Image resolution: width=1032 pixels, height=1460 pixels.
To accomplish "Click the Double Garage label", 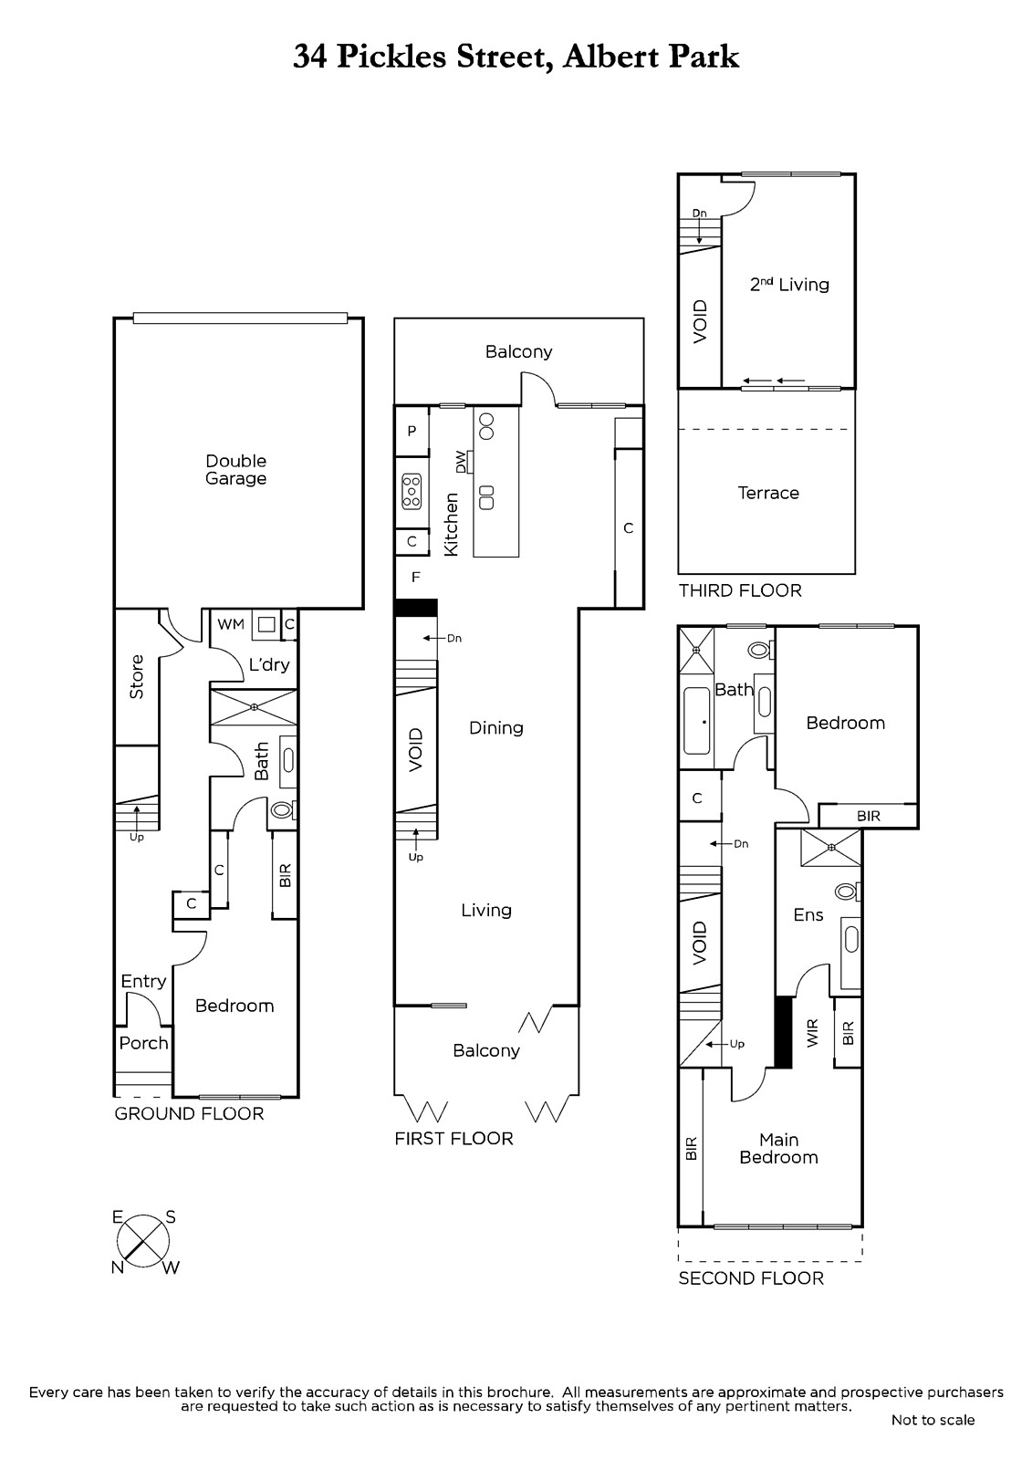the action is [x=236, y=469].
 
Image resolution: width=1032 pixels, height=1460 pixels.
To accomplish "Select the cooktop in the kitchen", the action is [x=412, y=490].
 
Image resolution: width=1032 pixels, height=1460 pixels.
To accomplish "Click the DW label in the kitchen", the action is [x=461, y=462].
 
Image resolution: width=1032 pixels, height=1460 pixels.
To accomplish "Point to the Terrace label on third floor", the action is [x=768, y=493].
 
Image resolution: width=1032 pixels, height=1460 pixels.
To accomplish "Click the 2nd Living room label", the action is [x=789, y=284].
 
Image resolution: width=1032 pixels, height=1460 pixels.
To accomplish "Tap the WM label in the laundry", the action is [x=231, y=624].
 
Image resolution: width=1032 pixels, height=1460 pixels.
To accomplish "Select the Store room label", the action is [x=136, y=677].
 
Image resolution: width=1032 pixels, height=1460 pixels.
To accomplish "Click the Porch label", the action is [x=143, y=1043].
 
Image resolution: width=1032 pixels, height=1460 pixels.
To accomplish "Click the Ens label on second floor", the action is [x=808, y=915].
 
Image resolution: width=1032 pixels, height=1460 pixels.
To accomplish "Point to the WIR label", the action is [x=812, y=1033].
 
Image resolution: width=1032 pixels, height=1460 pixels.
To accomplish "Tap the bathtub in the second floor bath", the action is [x=696, y=720].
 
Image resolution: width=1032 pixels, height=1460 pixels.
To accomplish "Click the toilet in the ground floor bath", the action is [x=283, y=810].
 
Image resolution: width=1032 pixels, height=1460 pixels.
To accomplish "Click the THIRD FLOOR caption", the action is [x=740, y=590].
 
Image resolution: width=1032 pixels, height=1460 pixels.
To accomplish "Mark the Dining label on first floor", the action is [x=496, y=728].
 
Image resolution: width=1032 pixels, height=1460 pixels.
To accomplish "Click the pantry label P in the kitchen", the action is [x=412, y=431].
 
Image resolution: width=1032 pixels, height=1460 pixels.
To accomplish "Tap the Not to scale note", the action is [x=933, y=1420].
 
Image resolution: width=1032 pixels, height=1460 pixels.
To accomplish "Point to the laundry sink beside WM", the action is [x=266, y=624].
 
